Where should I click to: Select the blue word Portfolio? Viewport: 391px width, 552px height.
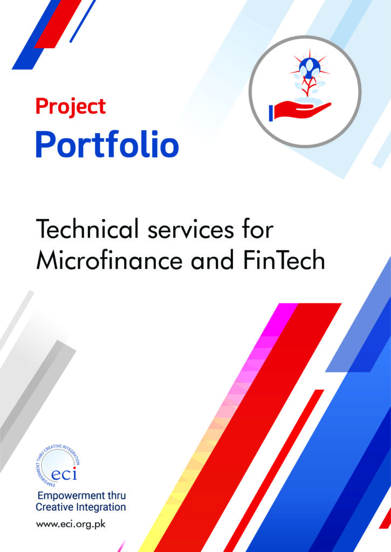click(x=107, y=144)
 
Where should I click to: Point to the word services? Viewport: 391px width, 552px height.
click(x=190, y=229)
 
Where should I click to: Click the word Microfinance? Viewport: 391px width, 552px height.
click(x=109, y=260)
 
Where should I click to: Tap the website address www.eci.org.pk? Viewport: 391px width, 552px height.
click(x=71, y=524)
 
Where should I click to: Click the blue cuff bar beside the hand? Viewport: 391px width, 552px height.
click(x=271, y=113)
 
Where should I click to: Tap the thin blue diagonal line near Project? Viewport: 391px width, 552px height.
click(x=83, y=21)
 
